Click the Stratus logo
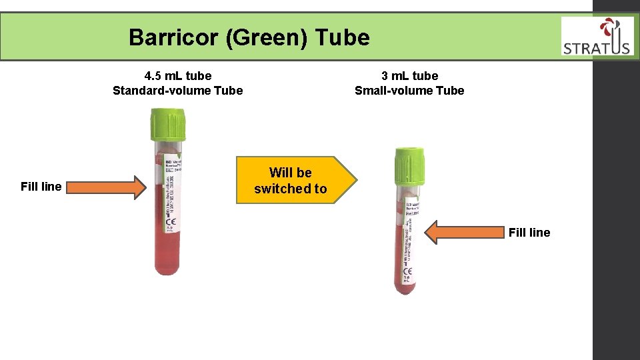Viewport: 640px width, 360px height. tap(597, 37)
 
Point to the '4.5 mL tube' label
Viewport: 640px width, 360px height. tap(178, 75)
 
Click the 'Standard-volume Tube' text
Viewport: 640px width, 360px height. tap(178, 90)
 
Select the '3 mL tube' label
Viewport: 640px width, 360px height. tap(409, 75)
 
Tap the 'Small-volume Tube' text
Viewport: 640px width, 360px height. tap(409, 90)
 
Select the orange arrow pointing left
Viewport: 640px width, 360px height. tap(464, 233)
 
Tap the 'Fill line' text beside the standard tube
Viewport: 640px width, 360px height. tap(41, 187)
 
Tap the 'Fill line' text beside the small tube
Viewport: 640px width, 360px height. tap(529, 233)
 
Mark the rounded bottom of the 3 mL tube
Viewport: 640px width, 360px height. tap(405, 288)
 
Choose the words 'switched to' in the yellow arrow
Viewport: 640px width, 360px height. tap(291, 189)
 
